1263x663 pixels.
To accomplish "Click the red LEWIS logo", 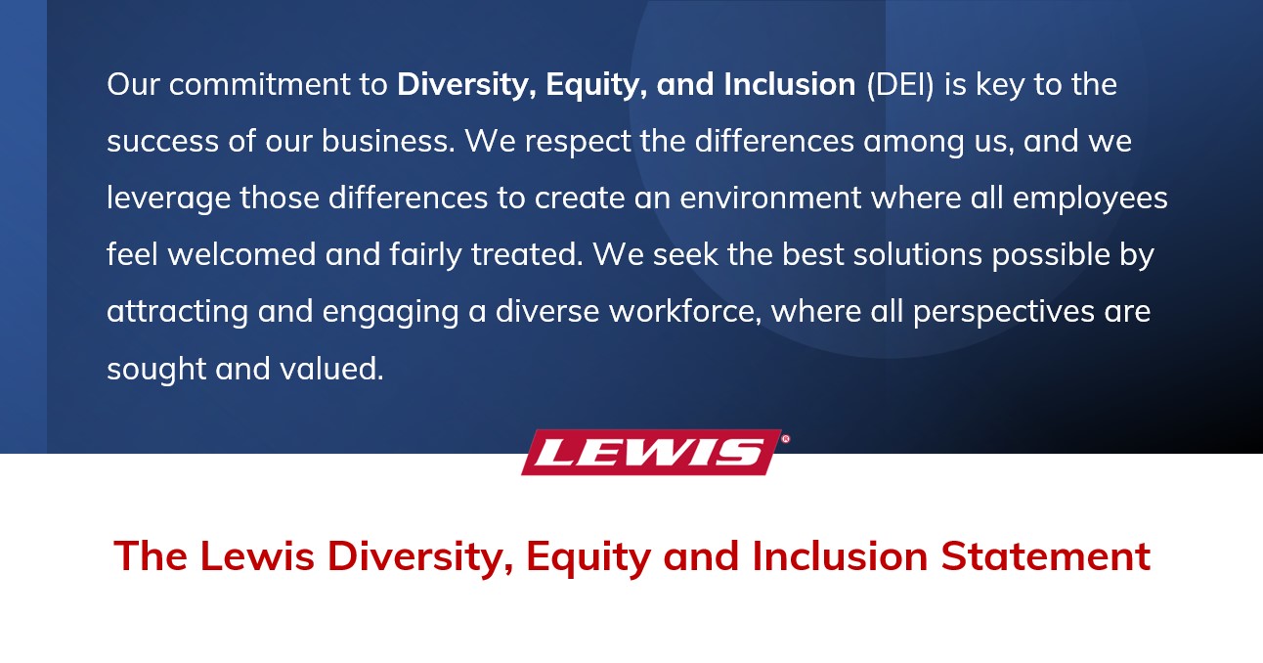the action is click(x=652, y=452).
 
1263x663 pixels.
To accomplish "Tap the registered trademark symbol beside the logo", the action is click(x=786, y=438).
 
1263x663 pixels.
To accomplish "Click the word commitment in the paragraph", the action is click(x=259, y=85).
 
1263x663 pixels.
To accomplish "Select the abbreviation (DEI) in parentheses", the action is click(x=900, y=85).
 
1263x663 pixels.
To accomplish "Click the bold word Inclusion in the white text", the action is click(x=790, y=85).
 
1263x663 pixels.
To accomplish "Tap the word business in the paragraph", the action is click(x=388, y=141).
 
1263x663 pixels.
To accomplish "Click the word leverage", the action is click(x=168, y=199).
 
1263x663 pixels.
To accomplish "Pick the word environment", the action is click(x=770, y=199).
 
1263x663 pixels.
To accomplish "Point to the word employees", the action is click(x=1090, y=199).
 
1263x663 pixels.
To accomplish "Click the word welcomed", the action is click(x=241, y=254).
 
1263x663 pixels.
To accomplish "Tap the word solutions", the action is click(x=917, y=254).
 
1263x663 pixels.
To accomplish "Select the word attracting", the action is click(x=178, y=313).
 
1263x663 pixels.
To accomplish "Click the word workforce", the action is click(x=685, y=312).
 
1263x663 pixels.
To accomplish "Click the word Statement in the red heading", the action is click(x=1046, y=556).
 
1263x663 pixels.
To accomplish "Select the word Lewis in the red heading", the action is click(x=257, y=556).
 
